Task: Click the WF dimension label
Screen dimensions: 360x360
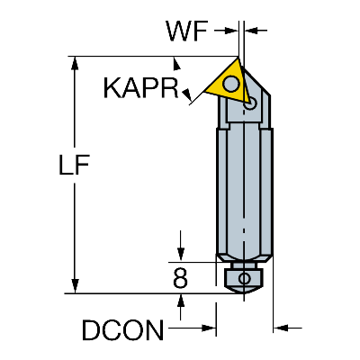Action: point(187,32)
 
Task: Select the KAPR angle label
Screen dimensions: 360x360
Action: point(139,88)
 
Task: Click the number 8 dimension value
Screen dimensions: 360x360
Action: point(181,279)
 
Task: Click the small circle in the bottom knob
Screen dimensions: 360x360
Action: point(244,280)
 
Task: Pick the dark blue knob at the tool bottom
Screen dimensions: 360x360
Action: point(244,279)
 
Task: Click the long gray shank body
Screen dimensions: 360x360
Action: point(243,189)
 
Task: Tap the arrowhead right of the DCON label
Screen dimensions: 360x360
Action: point(210,330)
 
